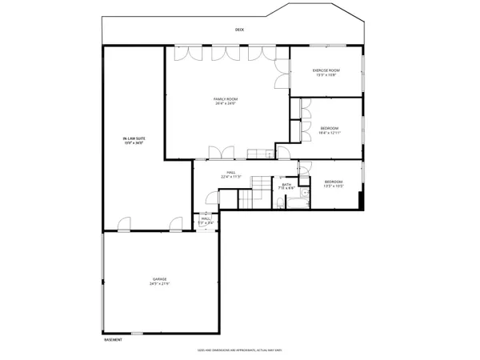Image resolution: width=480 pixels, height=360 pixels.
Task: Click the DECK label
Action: [x=239, y=30]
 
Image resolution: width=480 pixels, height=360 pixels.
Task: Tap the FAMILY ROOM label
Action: [x=226, y=99]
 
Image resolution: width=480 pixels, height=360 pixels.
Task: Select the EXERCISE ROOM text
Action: [x=326, y=70]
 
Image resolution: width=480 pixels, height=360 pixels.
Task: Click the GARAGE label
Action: [x=160, y=279]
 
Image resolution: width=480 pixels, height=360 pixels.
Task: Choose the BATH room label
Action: [x=286, y=184]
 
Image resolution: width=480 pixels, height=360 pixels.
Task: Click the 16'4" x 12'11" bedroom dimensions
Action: [x=330, y=133]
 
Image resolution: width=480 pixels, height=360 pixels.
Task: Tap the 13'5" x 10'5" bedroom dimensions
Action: [x=334, y=186]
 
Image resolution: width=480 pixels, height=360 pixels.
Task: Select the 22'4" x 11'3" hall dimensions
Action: [x=230, y=177]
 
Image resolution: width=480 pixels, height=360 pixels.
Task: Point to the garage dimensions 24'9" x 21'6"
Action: [x=160, y=284]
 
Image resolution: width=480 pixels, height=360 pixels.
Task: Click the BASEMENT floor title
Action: [x=113, y=340]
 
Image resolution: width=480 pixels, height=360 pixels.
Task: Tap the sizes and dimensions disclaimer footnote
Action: [x=239, y=350]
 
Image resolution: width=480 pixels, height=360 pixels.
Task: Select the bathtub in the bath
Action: [x=294, y=199]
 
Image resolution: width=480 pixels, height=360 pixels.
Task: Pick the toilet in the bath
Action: [x=303, y=192]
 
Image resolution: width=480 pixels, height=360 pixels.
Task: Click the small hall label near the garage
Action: [x=206, y=218]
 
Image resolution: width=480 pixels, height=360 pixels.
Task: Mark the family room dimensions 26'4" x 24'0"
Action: [x=226, y=104]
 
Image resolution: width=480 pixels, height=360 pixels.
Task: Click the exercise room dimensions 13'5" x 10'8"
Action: [x=326, y=75]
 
